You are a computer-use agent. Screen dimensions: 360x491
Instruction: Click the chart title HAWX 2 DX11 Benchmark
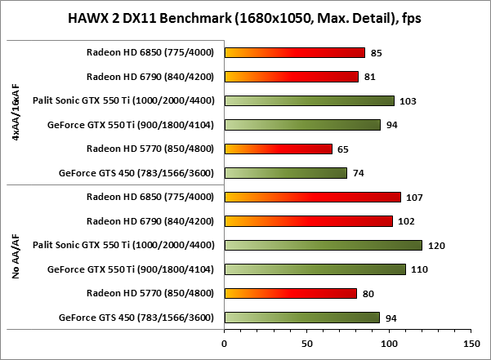pos(245,19)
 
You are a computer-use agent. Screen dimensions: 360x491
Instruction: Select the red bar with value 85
pos(294,53)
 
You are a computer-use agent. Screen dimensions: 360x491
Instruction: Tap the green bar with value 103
pos(309,101)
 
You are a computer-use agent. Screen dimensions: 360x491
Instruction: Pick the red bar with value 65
pos(278,149)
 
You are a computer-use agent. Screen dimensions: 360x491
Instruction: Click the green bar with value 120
pos(323,245)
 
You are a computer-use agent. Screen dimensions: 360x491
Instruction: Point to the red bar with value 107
pos(312,197)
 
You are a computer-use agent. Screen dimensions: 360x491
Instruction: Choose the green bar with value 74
pos(285,173)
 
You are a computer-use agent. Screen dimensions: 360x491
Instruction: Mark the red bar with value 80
pos(290,293)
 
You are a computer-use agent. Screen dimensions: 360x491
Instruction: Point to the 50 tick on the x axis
pos(306,344)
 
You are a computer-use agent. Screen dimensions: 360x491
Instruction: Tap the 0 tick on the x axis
pos(225,344)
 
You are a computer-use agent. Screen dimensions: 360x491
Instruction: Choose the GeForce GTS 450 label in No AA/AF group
pos(136,317)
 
